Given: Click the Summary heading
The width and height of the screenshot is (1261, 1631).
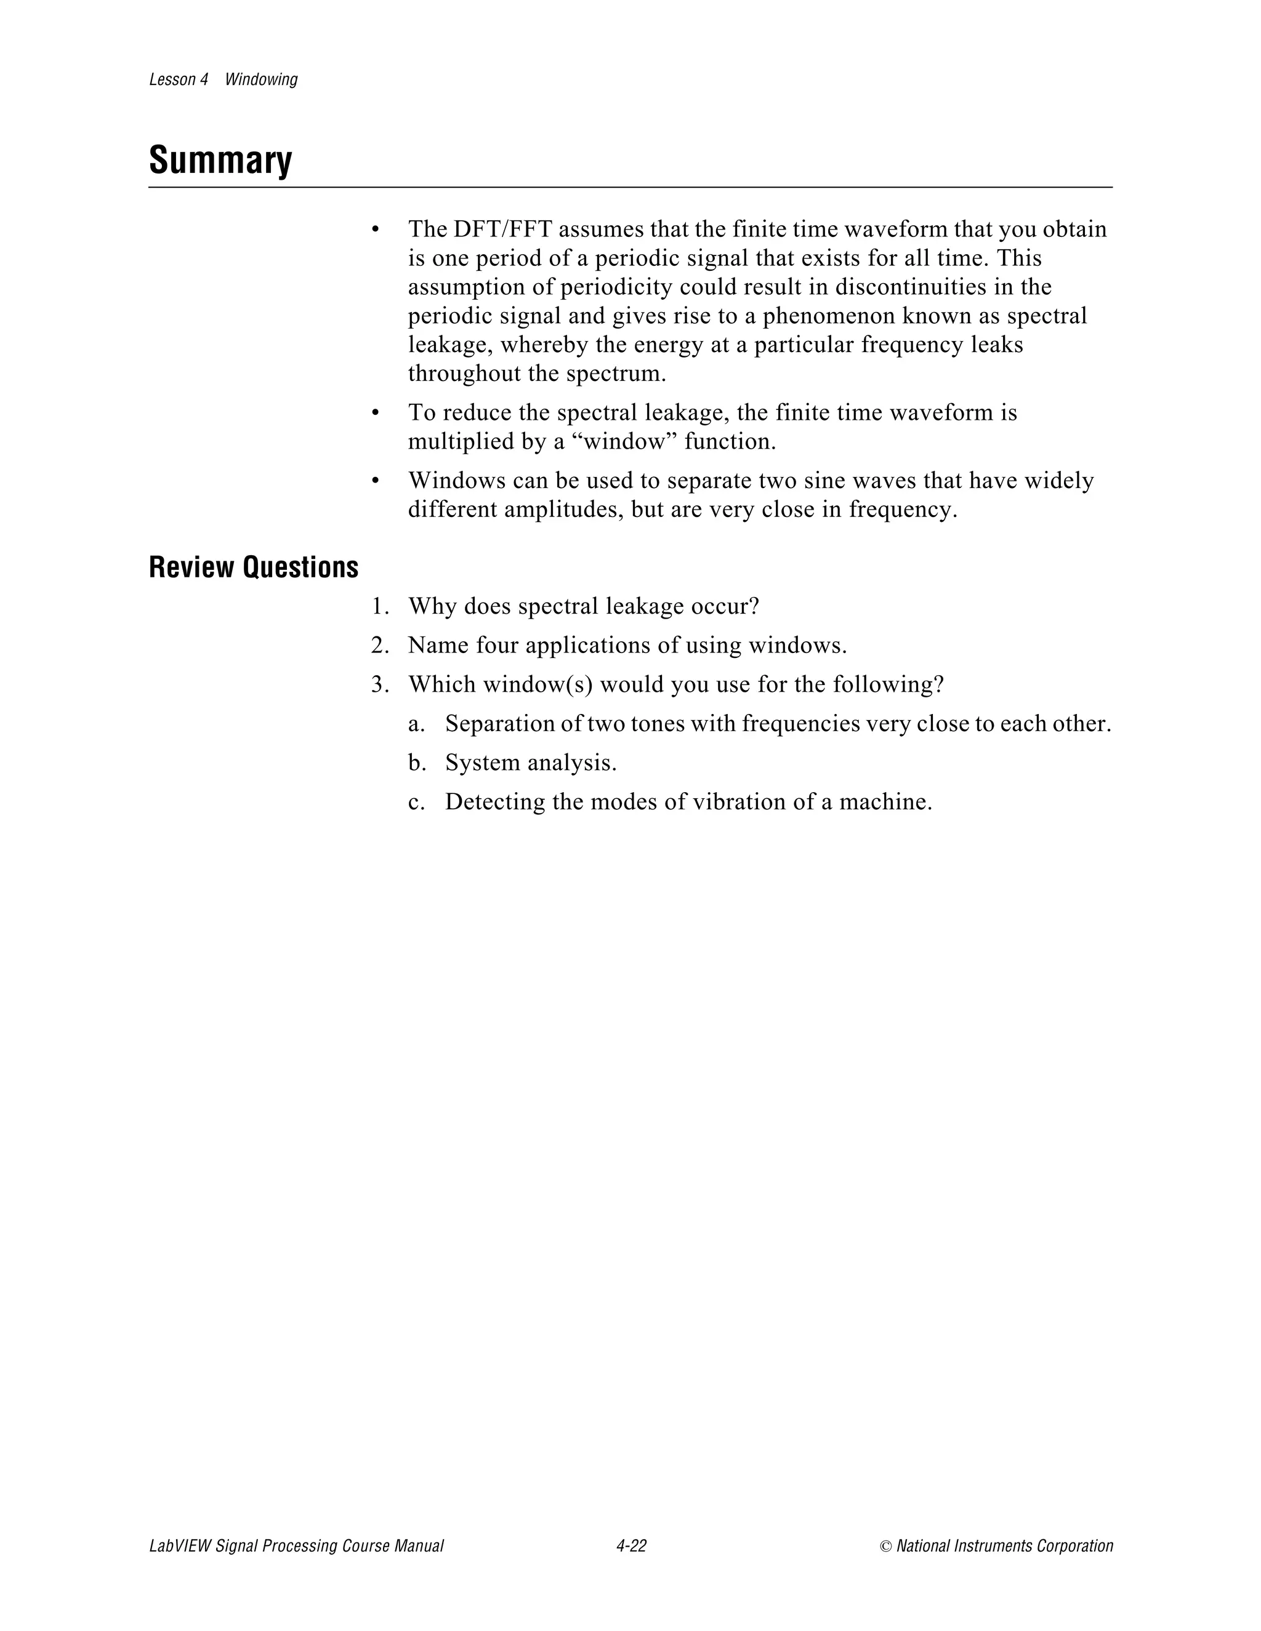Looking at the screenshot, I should pyautogui.click(x=220, y=160).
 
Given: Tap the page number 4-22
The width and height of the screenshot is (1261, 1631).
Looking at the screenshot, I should pyautogui.click(x=631, y=1546).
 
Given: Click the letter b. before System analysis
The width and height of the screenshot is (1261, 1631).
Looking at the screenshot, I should pyautogui.click(x=417, y=763).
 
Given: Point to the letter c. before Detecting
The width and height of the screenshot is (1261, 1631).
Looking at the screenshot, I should pyautogui.click(x=416, y=802).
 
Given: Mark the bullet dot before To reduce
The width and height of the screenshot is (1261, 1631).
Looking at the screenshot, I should pyautogui.click(x=376, y=413).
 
